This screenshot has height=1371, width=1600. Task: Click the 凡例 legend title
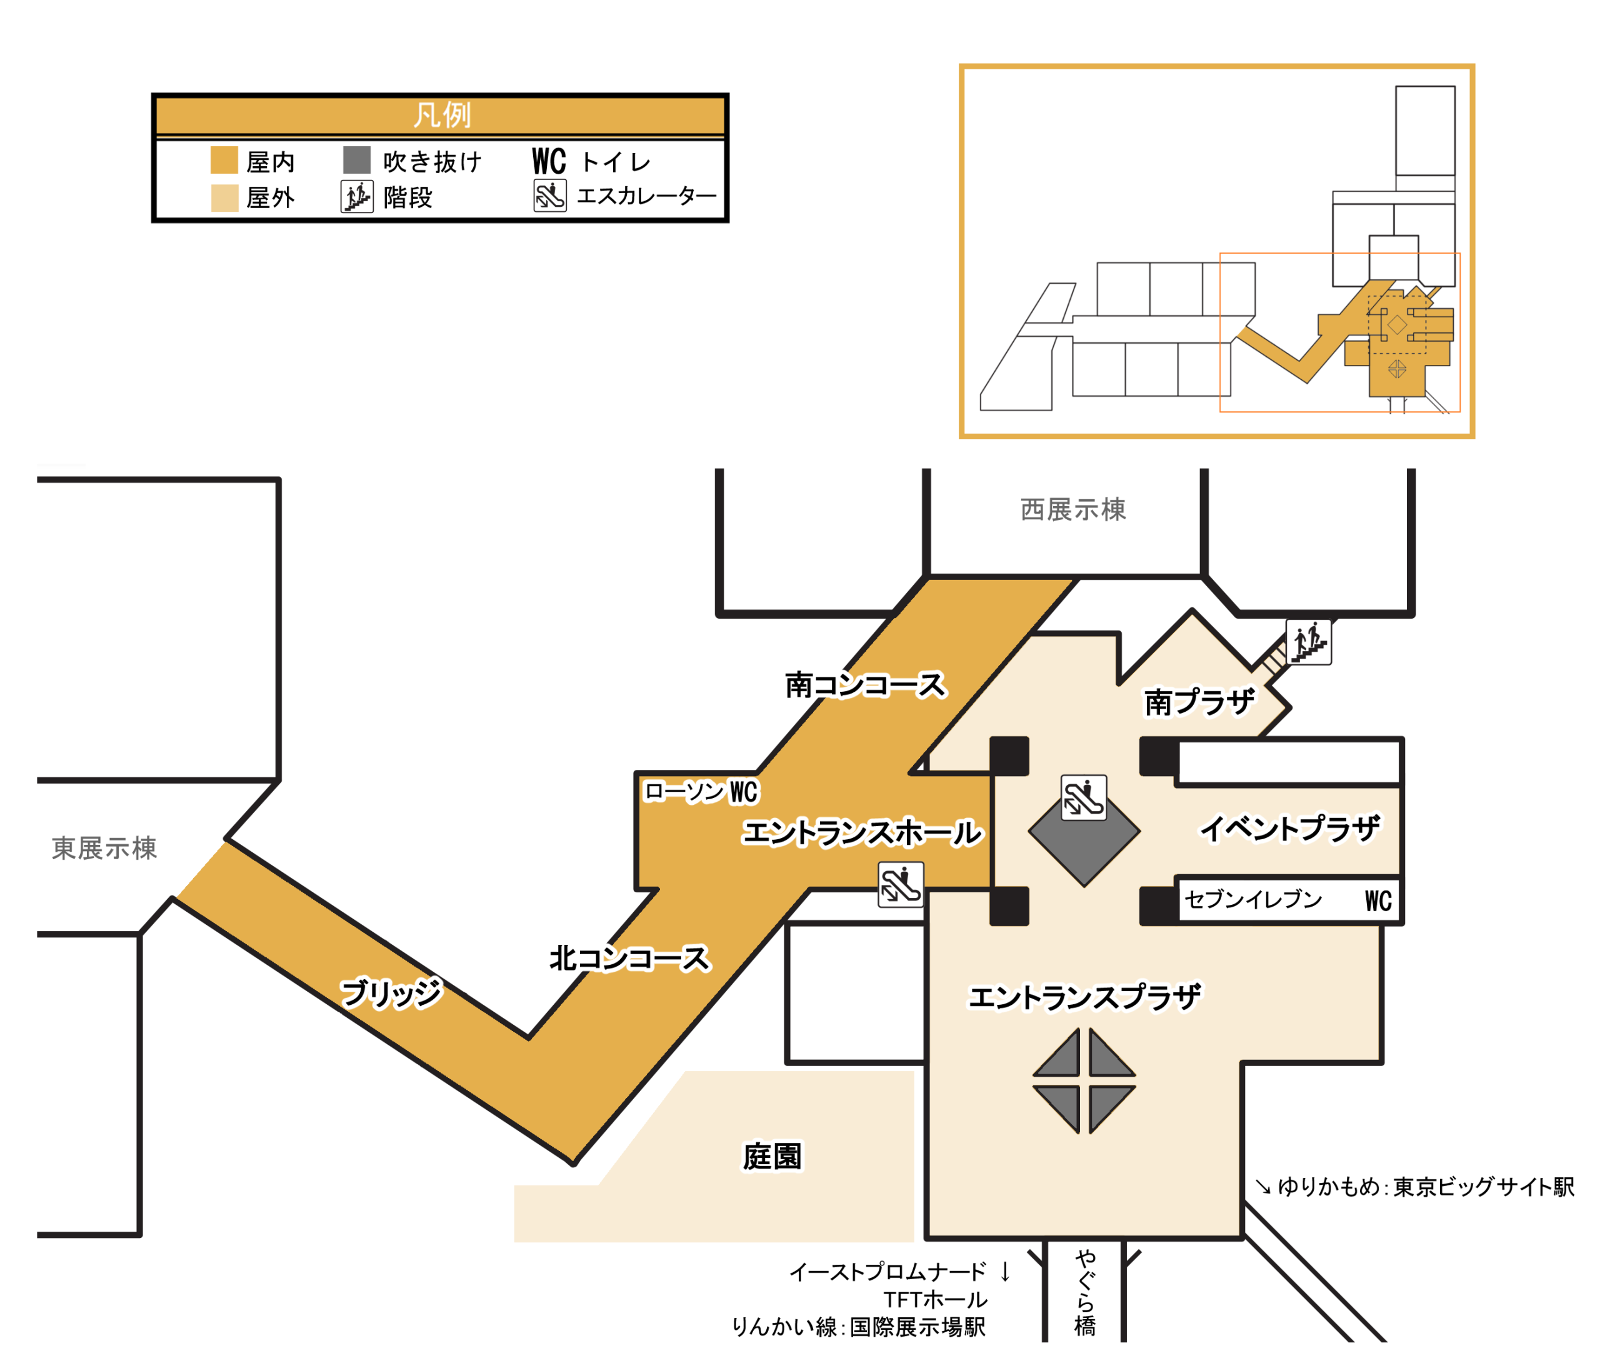[x=441, y=115]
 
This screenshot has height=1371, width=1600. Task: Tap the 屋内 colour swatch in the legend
[x=224, y=160]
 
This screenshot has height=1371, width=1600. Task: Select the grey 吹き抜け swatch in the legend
[x=357, y=160]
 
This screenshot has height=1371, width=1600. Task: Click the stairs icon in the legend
[x=357, y=197]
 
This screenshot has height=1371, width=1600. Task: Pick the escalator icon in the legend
[x=550, y=196]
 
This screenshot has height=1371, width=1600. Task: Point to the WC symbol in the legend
[x=549, y=161]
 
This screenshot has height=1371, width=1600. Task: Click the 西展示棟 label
[x=1072, y=509]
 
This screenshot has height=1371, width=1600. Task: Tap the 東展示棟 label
[x=104, y=849]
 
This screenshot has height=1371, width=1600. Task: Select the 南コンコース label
[x=865, y=685]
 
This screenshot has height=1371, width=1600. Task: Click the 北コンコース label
[x=629, y=958]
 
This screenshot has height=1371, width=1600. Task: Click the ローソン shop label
[x=683, y=791]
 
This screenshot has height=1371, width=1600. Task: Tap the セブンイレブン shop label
[x=1253, y=899]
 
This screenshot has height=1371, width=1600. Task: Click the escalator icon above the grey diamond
[x=1083, y=797]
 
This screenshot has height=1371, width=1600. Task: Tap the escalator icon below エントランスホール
[x=901, y=885]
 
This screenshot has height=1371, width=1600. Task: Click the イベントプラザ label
[x=1289, y=829]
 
